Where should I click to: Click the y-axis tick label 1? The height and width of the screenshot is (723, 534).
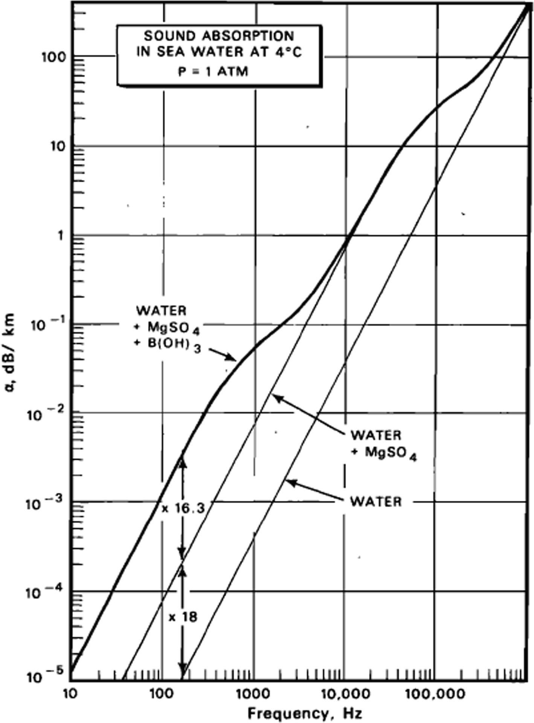(x=60, y=236)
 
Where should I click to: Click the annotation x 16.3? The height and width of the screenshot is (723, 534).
(x=183, y=508)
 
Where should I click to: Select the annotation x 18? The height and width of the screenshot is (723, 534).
(x=183, y=617)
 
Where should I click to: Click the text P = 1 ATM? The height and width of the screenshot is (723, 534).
(x=213, y=72)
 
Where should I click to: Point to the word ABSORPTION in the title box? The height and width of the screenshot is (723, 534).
(x=249, y=36)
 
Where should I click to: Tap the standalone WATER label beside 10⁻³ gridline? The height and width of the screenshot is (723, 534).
(x=376, y=502)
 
